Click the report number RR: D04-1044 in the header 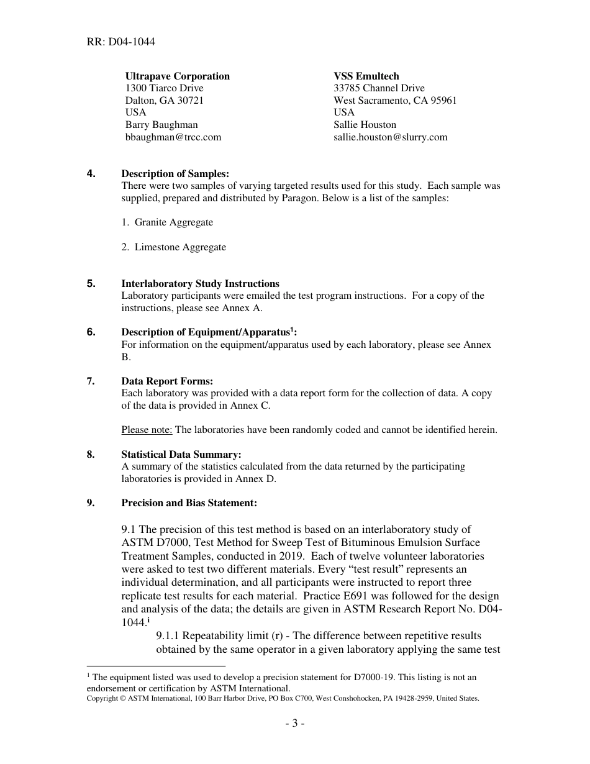coord(121,42)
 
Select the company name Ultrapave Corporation coord(178,76)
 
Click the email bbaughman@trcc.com coord(173,137)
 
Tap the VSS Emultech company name coord(366,76)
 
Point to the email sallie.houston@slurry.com coord(390,137)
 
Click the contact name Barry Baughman coord(161,125)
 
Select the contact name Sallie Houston coord(365,125)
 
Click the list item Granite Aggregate coord(173,222)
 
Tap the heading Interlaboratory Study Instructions coord(200,284)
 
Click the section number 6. coord(91,332)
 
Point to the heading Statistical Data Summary coord(181,455)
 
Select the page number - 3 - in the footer coord(295,723)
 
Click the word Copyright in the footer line coord(102,698)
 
